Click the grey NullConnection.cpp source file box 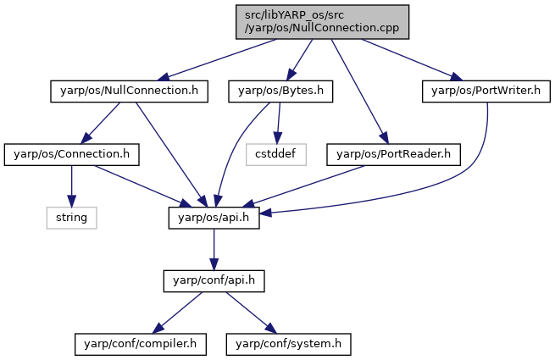pyautogui.click(x=322, y=22)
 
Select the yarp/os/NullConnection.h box pyautogui.click(x=129, y=91)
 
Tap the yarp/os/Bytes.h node pyautogui.click(x=280, y=91)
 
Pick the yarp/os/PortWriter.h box pyautogui.click(x=486, y=91)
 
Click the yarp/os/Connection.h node pyautogui.click(x=71, y=155)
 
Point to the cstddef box pyautogui.click(x=276, y=155)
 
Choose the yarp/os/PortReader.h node pyautogui.click(x=394, y=155)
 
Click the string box pyautogui.click(x=71, y=218)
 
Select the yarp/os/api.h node pyautogui.click(x=214, y=218)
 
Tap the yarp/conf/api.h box pyautogui.click(x=214, y=281)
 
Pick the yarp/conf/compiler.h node pyautogui.click(x=140, y=344)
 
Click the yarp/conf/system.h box pyautogui.click(x=288, y=344)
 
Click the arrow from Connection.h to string pyautogui.click(x=71, y=186)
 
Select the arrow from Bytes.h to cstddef pyautogui.click(x=279, y=123)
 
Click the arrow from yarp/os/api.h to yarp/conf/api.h pyautogui.click(x=214, y=250)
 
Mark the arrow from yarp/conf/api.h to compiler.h pyautogui.click(x=177, y=313)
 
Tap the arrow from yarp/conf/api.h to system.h pyautogui.click(x=252, y=313)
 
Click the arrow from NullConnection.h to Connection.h pyautogui.click(x=100, y=123)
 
